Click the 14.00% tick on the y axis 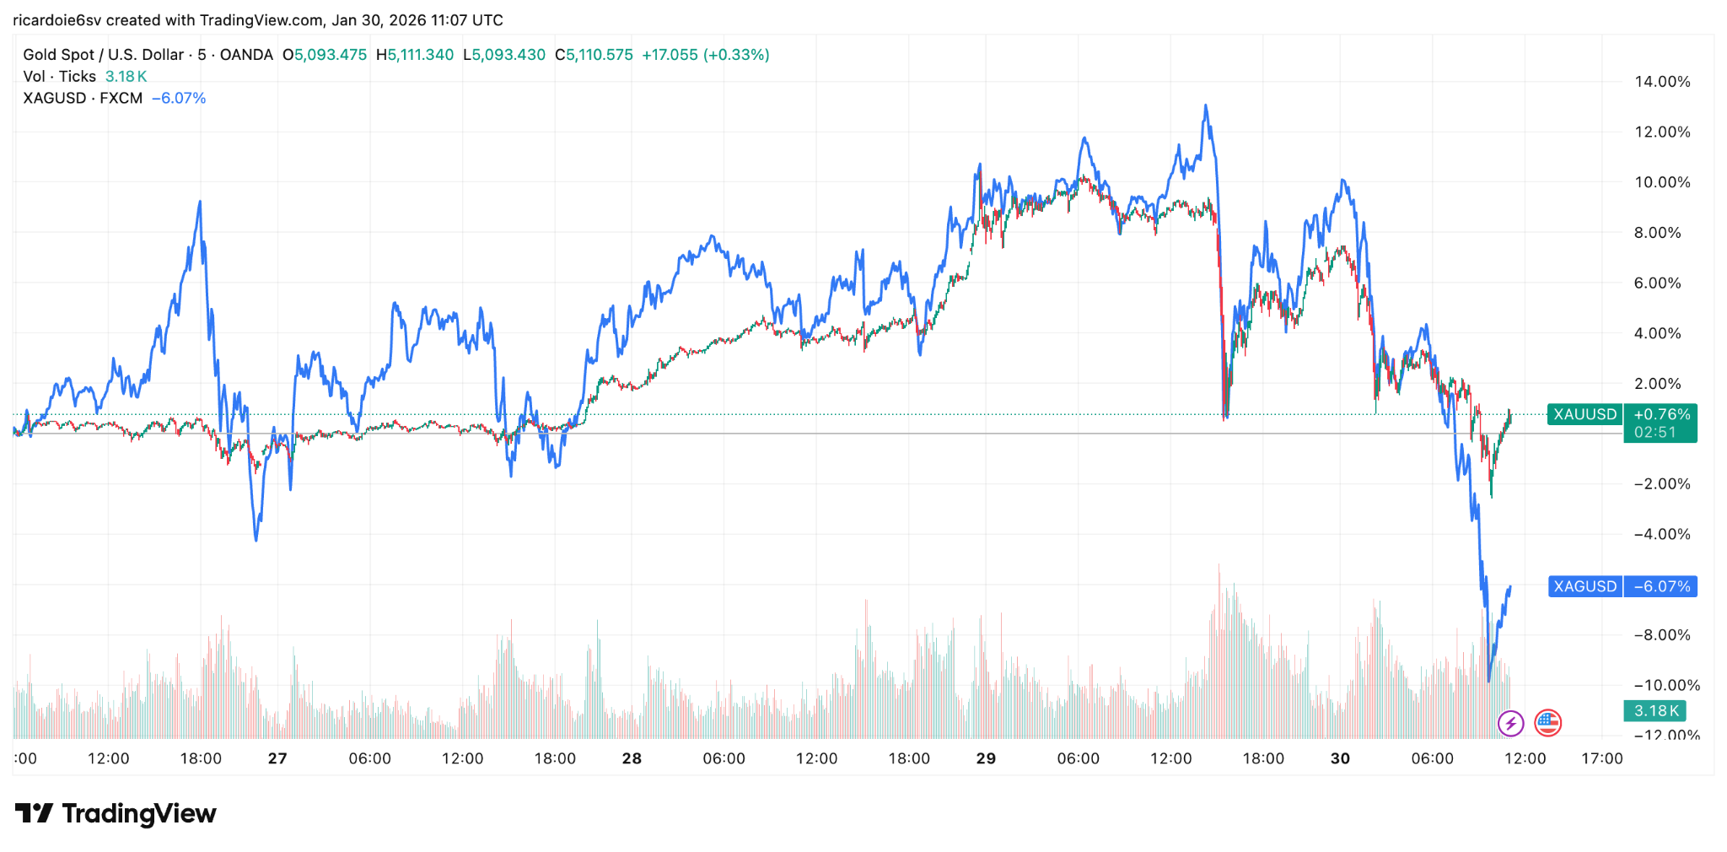tap(1662, 82)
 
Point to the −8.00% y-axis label tap(1662, 635)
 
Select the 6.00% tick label tap(1657, 283)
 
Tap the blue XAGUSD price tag tap(1584, 586)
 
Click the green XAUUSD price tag tap(1584, 414)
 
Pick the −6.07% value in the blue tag tap(1661, 586)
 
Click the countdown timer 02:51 tap(1654, 433)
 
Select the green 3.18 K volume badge tap(1656, 711)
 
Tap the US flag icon tap(1547, 723)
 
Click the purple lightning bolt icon tap(1510, 723)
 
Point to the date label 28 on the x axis tap(632, 758)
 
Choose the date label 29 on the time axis tap(986, 758)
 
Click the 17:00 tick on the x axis tap(1601, 758)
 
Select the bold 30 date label tap(1340, 758)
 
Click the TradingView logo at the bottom tap(116, 813)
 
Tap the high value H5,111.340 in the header tap(415, 55)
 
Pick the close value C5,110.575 tap(594, 55)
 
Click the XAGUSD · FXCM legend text tap(83, 98)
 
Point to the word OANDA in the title tap(246, 55)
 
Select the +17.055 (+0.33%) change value tap(705, 55)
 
